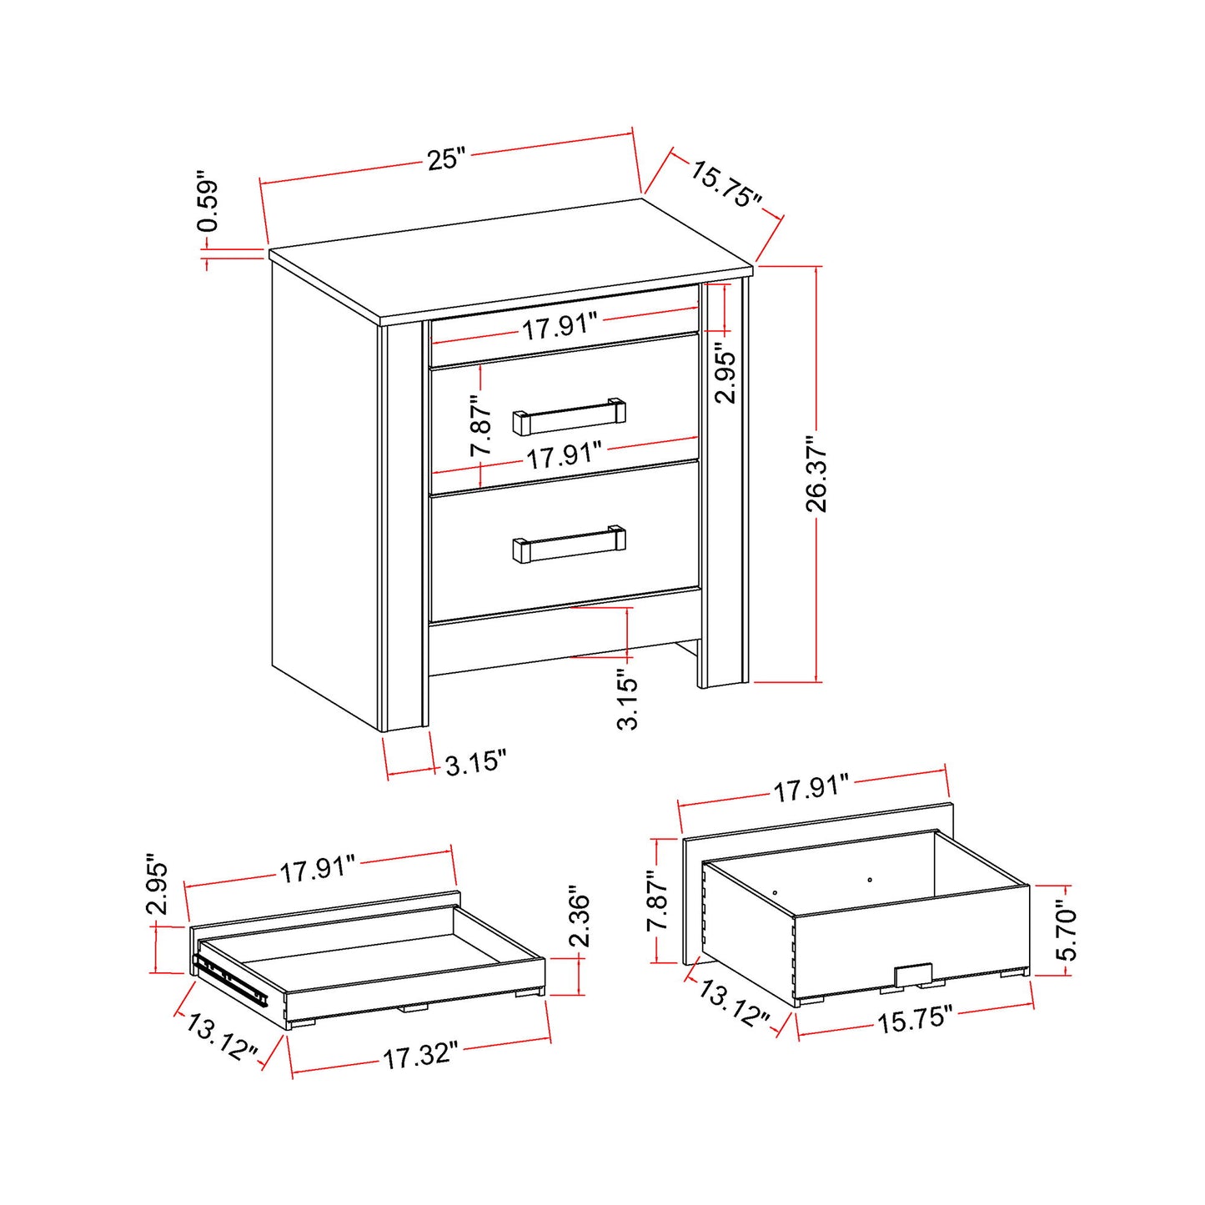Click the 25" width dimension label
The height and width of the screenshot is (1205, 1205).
[x=446, y=158]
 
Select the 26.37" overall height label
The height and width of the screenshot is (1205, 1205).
[x=816, y=473]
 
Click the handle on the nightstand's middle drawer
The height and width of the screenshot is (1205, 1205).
[x=570, y=417]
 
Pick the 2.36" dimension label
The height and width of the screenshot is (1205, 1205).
[x=579, y=916]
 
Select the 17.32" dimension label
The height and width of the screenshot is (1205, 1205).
[x=420, y=1056]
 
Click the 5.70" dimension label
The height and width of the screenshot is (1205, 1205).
[x=1066, y=930]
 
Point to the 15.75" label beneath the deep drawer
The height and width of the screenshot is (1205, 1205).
[x=914, y=1019]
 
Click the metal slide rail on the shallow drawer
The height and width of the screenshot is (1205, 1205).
[x=230, y=981]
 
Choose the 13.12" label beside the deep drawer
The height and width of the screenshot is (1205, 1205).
[x=734, y=1003]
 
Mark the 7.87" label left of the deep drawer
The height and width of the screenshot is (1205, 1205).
[x=658, y=901]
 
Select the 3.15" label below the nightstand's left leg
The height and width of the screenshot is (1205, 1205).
[x=475, y=763]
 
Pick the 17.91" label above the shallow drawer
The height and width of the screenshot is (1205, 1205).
[x=318, y=870]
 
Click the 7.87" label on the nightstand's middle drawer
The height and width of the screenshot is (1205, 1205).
[x=481, y=426]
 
